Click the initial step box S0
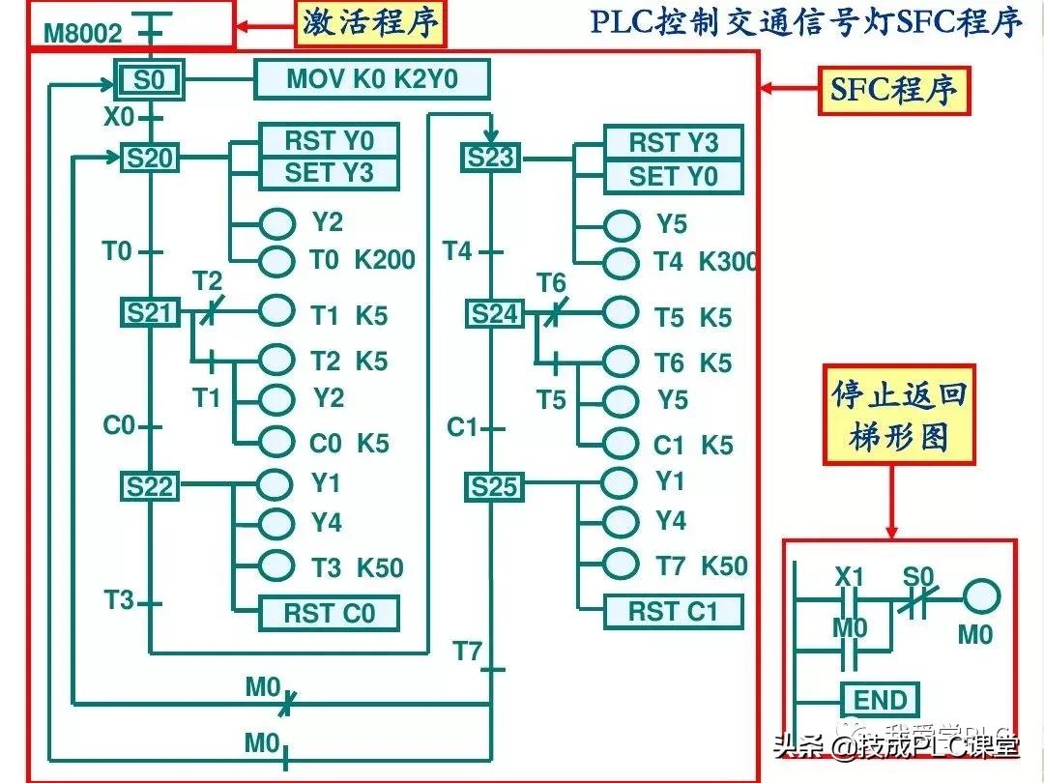point(150,80)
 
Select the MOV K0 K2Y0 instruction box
point(371,79)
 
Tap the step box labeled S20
point(150,158)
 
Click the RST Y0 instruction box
point(329,141)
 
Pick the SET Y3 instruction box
point(329,174)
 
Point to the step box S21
point(150,312)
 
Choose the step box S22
point(150,486)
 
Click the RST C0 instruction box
point(329,613)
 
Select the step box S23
point(492,158)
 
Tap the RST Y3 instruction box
point(674,143)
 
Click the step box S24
point(494,314)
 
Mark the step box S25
point(494,487)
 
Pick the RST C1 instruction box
point(674,611)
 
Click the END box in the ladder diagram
point(880,700)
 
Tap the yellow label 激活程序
point(371,23)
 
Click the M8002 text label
point(84,34)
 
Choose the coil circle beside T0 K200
point(276,260)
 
